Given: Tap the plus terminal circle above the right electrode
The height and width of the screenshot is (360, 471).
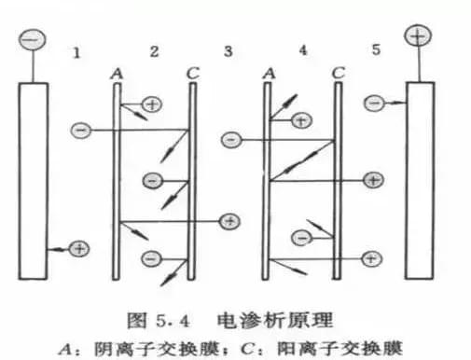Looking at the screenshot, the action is click(x=416, y=37).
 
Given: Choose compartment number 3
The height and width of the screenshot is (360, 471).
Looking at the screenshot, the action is click(x=227, y=48).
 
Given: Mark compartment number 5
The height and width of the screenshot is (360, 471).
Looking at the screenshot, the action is click(x=375, y=48).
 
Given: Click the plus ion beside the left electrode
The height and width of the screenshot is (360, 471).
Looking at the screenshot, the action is click(x=79, y=248).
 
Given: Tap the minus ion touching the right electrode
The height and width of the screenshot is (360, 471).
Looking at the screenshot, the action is click(x=373, y=102).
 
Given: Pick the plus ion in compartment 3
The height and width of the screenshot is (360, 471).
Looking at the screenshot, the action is click(x=229, y=221).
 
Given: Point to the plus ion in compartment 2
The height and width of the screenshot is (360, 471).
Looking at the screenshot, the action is click(x=152, y=104).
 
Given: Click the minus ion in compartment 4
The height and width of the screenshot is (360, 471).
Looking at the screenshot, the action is click(x=301, y=238).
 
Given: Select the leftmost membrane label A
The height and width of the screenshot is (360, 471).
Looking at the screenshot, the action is click(x=116, y=72).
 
